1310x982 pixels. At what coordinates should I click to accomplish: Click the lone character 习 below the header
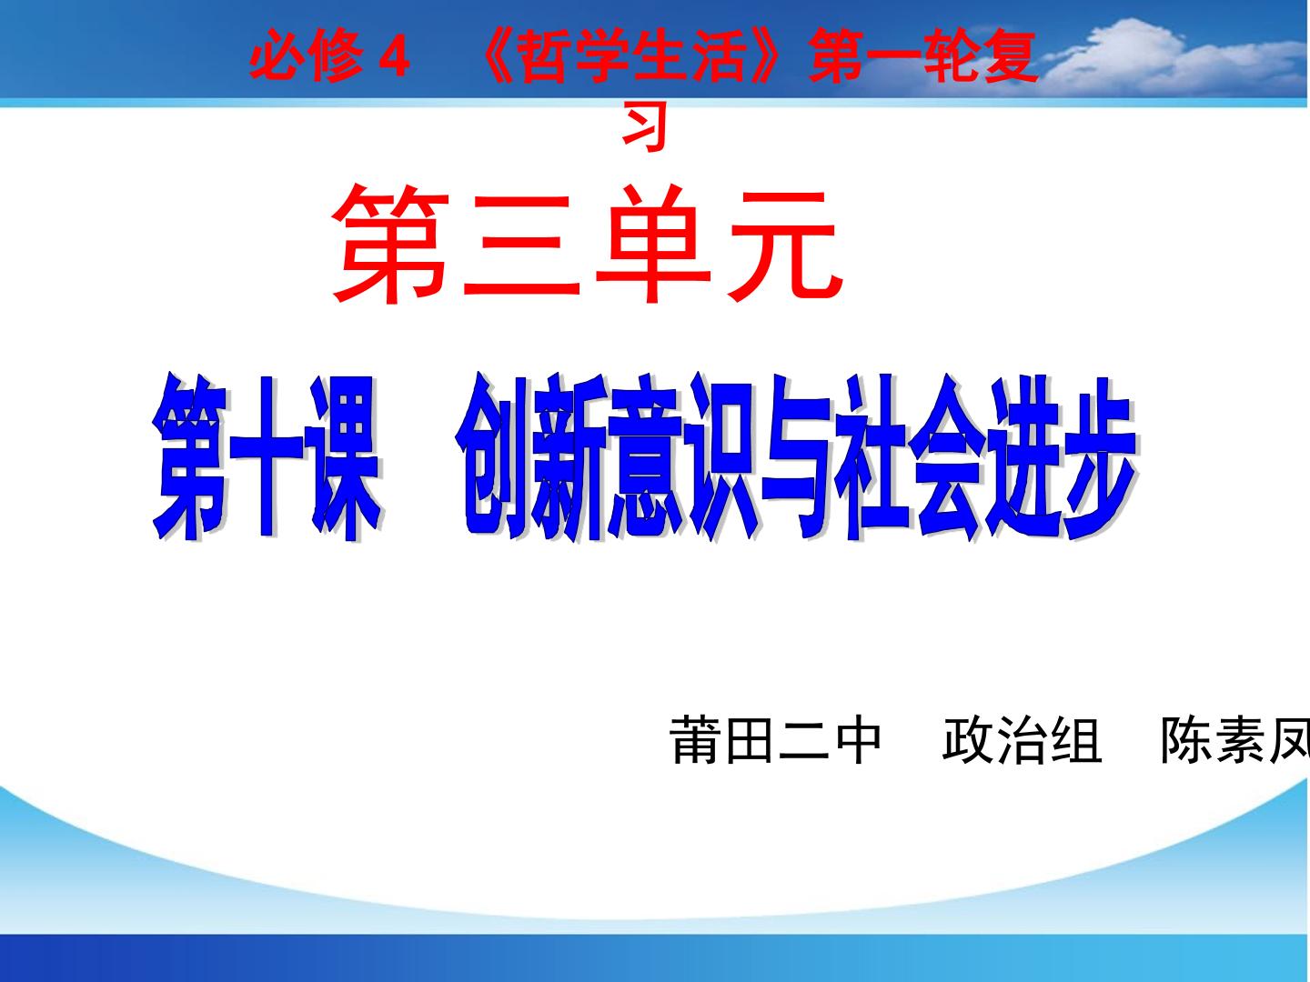click(644, 127)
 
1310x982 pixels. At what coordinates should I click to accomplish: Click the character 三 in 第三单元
click(521, 245)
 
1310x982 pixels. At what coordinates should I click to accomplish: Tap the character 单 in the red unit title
click(653, 245)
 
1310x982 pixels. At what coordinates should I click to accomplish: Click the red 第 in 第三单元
click(389, 244)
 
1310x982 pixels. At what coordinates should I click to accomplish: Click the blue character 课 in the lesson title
click(346, 457)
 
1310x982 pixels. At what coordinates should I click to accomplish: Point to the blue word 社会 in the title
click(910, 457)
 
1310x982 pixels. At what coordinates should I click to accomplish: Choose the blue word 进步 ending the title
click(1062, 457)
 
